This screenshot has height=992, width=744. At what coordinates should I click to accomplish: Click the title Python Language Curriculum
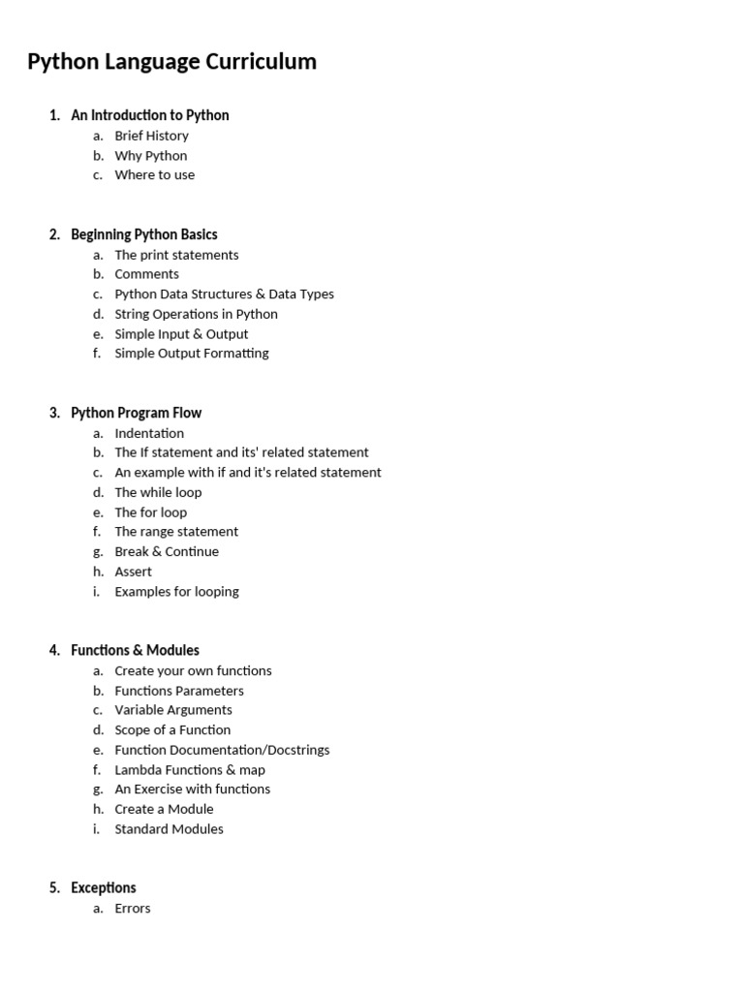click(171, 62)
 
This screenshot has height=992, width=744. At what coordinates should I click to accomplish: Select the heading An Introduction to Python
click(149, 115)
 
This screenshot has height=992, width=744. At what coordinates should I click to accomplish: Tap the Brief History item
click(151, 136)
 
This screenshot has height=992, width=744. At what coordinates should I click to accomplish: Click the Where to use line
click(154, 175)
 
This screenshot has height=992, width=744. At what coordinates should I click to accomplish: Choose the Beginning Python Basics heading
click(143, 234)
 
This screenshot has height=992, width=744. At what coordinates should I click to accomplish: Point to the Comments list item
click(146, 274)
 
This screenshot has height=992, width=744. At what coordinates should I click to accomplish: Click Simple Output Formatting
click(191, 354)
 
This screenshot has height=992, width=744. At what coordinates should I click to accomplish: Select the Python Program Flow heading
click(136, 413)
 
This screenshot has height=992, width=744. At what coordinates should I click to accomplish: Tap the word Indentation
click(148, 433)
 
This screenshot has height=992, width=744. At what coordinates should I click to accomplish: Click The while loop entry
click(158, 492)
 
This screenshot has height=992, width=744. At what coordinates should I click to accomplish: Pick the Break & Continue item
click(166, 551)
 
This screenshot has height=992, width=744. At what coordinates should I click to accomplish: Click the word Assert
click(133, 572)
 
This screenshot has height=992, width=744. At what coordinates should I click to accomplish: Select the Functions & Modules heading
click(135, 650)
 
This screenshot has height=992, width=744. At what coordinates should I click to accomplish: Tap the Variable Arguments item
click(172, 710)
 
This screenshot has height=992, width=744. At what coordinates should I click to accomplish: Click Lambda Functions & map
click(189, 770)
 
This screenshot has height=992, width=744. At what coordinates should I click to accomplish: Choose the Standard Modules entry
click(169, 829)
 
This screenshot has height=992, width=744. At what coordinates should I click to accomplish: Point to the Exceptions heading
click(103, 887)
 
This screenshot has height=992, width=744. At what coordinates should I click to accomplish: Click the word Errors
click(132, 909)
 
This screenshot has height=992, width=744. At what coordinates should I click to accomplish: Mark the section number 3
click(53, 413)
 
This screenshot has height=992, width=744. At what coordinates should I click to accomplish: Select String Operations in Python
click(196, 314)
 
